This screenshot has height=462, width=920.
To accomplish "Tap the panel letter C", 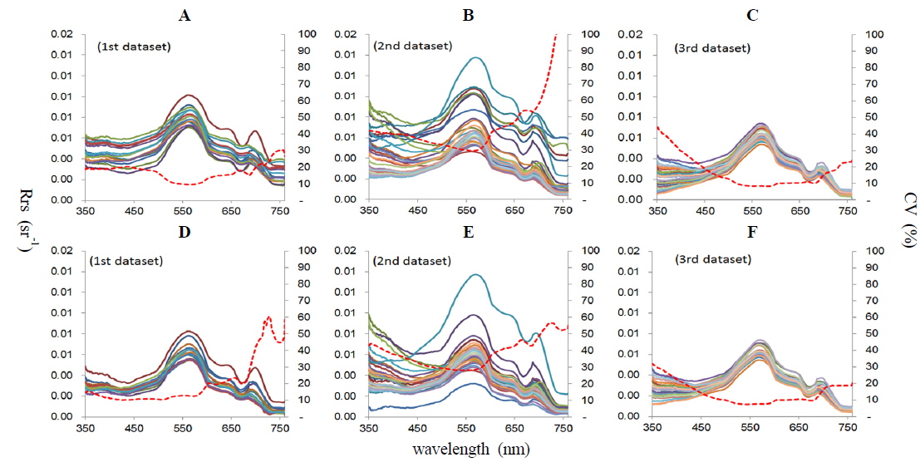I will click(754, 14).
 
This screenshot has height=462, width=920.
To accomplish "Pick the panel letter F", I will click(754, 231).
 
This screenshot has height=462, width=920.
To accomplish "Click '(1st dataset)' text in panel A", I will click(135, 47).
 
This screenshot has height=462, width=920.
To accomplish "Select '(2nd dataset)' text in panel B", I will click(413, 46).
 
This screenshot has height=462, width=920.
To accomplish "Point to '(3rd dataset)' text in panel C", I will click(712, 48).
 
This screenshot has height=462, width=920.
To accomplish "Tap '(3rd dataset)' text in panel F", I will click(712, 259).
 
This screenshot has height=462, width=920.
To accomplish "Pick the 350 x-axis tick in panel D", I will click(85, 427).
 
